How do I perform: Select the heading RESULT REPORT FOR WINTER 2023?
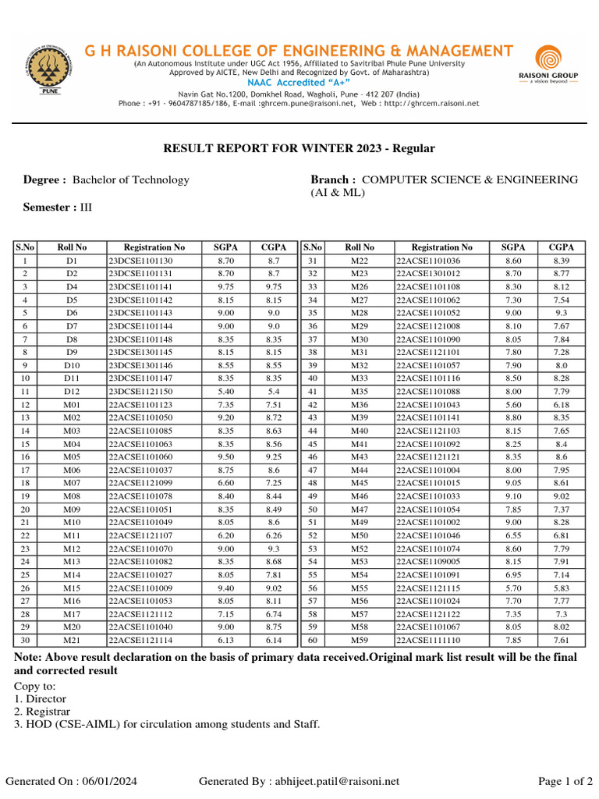[299, 148]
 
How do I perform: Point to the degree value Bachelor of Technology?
[131, 180]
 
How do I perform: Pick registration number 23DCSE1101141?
[141, 287]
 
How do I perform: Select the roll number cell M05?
[72, 456]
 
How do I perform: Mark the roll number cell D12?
[72, 392]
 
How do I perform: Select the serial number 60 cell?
[312, 641]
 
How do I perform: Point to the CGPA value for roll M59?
[561, 641]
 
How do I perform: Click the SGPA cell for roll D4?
[225, 287]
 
